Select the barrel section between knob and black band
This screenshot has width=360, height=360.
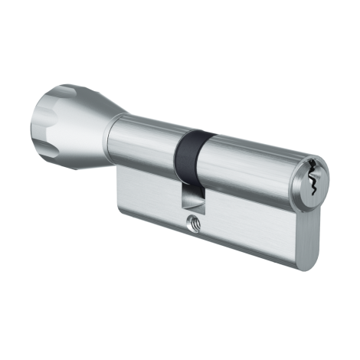click(x=146, y=146)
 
